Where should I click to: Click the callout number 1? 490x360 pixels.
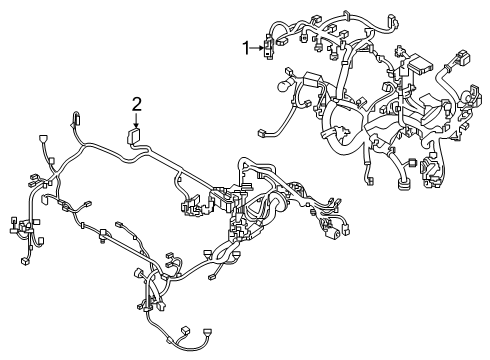coord(246,48)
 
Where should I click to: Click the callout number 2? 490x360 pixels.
coord(137,104)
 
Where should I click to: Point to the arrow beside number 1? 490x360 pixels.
coord(257,48)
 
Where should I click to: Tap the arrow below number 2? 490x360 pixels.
coord(136,120)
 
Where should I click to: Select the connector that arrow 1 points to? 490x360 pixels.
coord(268,48)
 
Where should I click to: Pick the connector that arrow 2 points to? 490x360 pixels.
coord(133,136)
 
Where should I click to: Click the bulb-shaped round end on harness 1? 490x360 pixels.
coord(282,86)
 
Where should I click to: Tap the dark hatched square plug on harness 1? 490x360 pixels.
coord(413,163)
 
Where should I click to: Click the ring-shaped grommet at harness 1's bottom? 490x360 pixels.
coord(403,184)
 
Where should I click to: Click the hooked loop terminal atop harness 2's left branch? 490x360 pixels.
coord(76,118)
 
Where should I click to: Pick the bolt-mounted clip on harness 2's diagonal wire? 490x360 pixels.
coord(103,234)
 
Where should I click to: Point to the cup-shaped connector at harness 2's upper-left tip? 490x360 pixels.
coord(43,139)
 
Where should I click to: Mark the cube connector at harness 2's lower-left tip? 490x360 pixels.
coord(24,261)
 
